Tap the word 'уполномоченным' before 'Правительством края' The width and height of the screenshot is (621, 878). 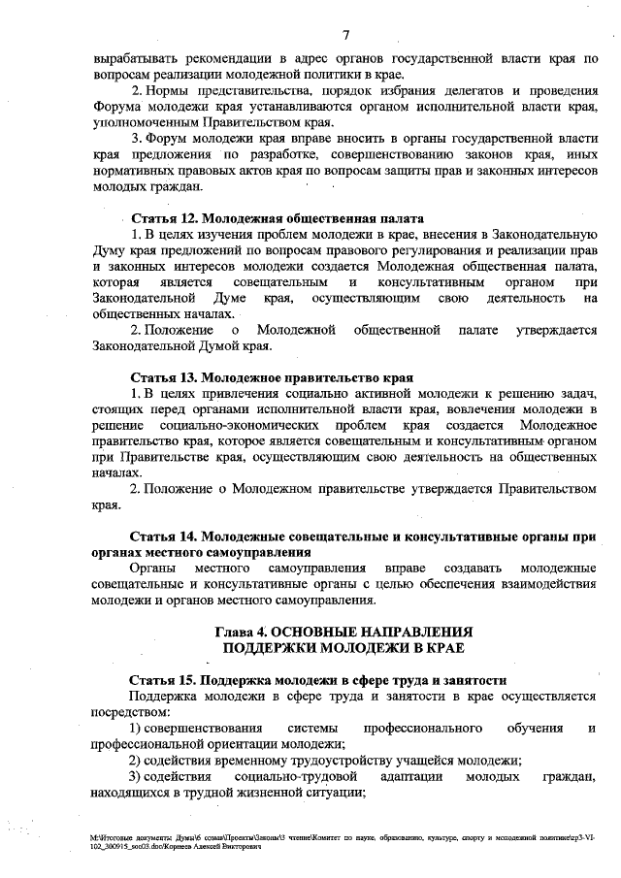coord(146,122)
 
